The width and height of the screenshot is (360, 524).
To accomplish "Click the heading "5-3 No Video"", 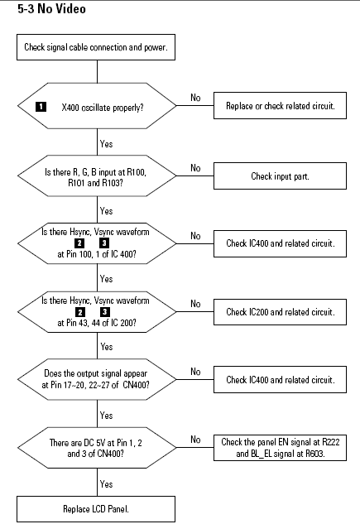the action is tap(51, 8).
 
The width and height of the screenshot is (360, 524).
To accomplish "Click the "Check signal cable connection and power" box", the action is tap(96, 47).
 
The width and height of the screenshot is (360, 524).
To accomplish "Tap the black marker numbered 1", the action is tap(41, 107).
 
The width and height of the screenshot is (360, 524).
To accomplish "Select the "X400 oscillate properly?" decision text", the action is tap(102, 108).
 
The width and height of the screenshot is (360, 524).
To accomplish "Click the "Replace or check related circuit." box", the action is tap(280, 106).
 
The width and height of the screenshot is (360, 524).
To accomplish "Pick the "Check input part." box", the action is tap(280, 175).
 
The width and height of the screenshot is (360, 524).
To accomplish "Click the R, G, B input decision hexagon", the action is tap(97, 175).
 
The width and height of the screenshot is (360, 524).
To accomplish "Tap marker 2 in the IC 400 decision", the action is tap(79, 243).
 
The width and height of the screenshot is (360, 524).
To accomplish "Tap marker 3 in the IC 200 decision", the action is tap(105, 312).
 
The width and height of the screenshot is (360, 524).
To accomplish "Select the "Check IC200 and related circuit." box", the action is tap(280, 312).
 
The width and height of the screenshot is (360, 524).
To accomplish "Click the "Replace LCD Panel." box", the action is tap(96, 509).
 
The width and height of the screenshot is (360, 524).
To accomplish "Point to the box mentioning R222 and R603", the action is tap(280, 448).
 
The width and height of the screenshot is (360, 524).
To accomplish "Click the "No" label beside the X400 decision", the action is tap(195, 98).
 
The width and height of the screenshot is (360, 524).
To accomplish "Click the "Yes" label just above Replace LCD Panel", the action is tap(106, 484).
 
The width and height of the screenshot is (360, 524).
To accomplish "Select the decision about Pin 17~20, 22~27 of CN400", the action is tap(97, 379).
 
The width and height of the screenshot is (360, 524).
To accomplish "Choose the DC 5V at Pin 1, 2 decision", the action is tap(97, 448).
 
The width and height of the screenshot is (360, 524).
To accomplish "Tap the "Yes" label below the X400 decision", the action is tap(106, 144).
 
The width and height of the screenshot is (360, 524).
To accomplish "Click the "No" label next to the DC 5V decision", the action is tap(195, 439).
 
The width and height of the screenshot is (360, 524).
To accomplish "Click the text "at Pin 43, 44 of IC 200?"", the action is tap(97, 323).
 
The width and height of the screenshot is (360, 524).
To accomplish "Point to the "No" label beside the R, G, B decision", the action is tap(195, 168).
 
